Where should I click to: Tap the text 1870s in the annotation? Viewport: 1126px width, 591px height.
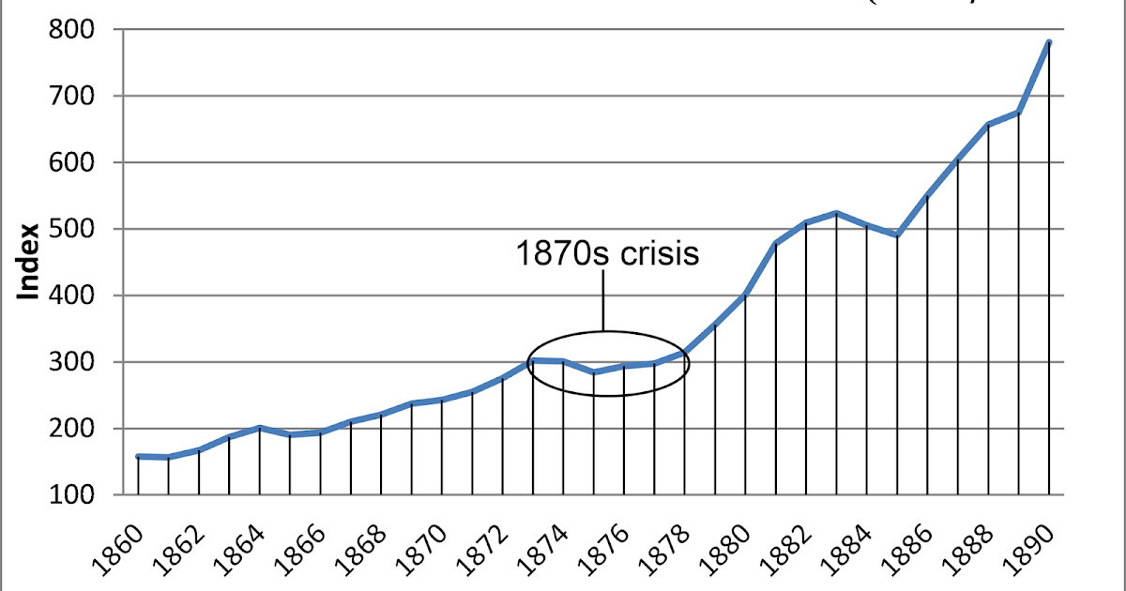pyautogui.click(x=555, y=253)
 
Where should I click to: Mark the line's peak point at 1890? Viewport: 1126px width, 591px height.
pyautogui.click(x=1048, y=42)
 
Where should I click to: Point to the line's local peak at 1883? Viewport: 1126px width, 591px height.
pyautogui.click(x=836, y=213)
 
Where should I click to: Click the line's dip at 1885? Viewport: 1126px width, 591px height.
pyautogui.click(x=896, y=235)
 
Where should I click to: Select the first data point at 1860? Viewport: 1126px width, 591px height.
pyautogui.click(x=138, y=457)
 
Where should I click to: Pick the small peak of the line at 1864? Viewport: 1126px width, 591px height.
pyautogui.click(x=259, y=428)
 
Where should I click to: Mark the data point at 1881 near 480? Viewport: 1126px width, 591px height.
pyautogui.click(x=775, y=244)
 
